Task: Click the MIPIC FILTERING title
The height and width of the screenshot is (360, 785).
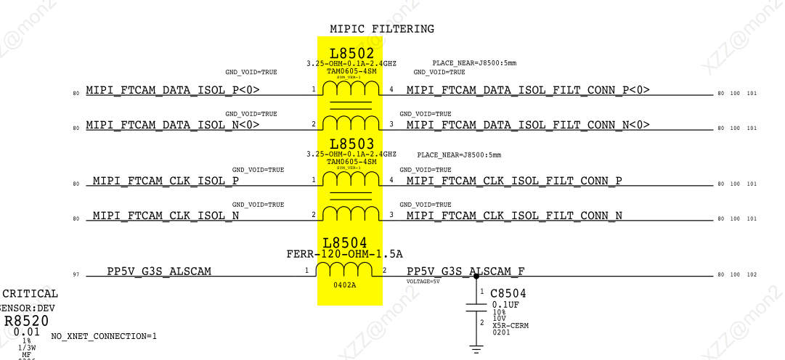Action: (x=382, y=29)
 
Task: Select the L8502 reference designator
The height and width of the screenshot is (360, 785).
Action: (x=351, y=54)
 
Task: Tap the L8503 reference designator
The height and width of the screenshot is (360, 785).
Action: (x=351, y=144)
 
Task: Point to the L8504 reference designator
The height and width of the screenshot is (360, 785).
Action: (x=345, y=242)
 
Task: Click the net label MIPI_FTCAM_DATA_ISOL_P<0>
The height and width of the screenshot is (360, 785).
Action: (x=173, y=90)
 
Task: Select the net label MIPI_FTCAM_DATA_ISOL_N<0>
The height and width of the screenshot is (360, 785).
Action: (x=173, y=125)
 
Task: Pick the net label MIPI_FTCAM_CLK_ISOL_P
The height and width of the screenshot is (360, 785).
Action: (x=166, y=181)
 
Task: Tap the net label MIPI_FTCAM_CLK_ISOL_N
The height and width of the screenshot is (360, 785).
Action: (x=166, y=216)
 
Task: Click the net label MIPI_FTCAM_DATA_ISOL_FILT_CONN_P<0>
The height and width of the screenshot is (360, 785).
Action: (x=528, y=90)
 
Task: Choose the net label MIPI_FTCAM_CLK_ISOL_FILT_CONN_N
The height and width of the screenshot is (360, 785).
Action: (x=514, y=216)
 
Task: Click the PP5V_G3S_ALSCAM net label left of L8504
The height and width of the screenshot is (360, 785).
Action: (x=159, y=271)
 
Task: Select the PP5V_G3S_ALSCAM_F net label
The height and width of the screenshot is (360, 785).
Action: (x=465, y=271)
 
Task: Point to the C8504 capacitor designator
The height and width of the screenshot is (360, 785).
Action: (x=508, y=293)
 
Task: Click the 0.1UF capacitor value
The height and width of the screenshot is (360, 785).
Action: (x=505, y=305)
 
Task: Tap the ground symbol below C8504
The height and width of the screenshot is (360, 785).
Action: (x=476, y=349)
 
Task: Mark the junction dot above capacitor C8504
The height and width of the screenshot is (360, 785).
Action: (x=476, y=276)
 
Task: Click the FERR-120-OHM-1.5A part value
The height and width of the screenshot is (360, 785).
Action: (x=345, y=254)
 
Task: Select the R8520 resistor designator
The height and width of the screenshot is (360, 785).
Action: (x=27, y=321)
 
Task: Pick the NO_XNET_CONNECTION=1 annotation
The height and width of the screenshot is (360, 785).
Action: (x=104, y=336)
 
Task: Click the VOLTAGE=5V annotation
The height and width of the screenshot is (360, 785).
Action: (x=423, y=281)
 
